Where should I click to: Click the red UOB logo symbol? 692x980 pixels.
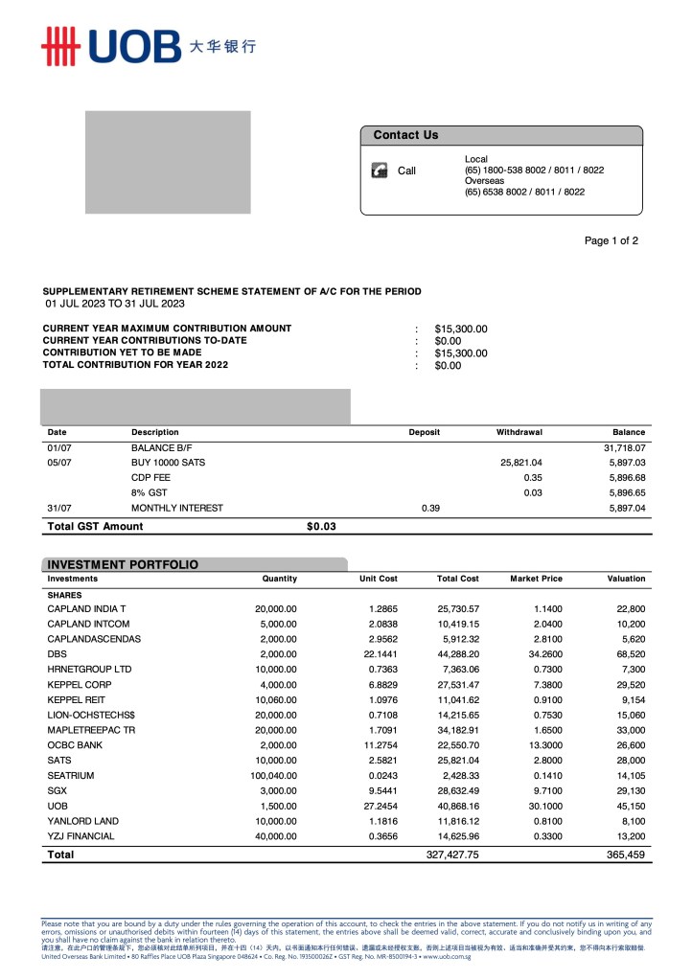tap(58, 44)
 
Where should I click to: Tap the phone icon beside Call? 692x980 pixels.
tap(380, 171)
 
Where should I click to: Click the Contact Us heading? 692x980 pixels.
tap(405, 135)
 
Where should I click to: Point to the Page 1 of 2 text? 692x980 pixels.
tap(611, 240)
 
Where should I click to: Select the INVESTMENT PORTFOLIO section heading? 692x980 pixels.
tap(123, 564)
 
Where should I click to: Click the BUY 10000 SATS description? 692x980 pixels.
tap(168, 463)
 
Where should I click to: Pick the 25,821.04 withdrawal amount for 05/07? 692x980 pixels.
tap(521, 463)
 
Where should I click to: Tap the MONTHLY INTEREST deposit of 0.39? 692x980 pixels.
tap(430, 508)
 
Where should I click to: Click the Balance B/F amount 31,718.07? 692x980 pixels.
tap(624, 447)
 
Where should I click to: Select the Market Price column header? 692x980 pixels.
tap(536, 579)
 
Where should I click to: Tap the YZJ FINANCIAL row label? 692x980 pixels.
tap(81, 836)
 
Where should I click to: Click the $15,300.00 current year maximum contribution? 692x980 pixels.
tap(461, 329)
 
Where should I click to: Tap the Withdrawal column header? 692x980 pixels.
tap(519, 432)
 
